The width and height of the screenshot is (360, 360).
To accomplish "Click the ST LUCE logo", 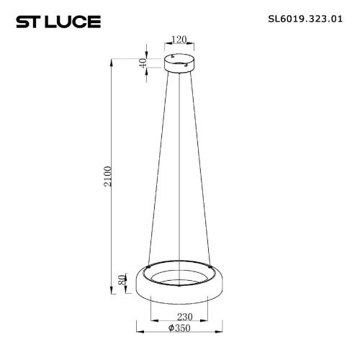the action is [x=58, y=22].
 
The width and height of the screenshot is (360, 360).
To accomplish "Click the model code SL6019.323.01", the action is [x=305, y=19].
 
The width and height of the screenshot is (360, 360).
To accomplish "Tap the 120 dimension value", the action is [x=179, y=40].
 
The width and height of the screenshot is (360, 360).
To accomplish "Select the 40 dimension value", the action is [x=143, y=63].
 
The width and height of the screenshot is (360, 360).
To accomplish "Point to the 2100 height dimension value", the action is [x=108, y=176].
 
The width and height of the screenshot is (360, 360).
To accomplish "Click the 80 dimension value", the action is [x=122, y=280].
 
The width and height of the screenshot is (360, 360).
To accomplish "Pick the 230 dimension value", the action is [x=185, y=317].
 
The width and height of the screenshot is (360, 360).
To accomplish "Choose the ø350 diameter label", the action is [x=179, y=328].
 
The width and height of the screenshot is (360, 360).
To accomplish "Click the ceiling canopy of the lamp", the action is [x=179, y=63].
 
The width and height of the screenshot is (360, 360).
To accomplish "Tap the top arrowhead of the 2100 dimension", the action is [x=111, y=62].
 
